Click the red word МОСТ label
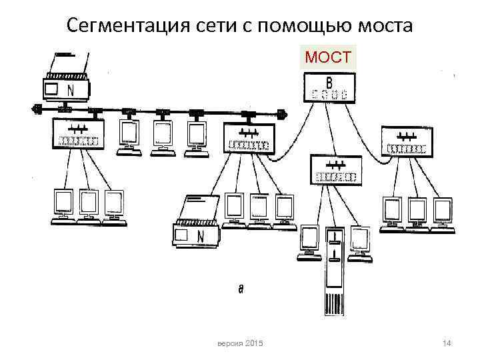(328, 58)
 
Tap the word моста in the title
(383, 26)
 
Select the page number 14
(447, 343)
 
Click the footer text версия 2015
(241, 343)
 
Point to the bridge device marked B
(329, 87)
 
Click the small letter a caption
(241, 289)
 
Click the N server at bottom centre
(197, 224)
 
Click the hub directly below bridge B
(335, 170)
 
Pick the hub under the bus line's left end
(78, 133)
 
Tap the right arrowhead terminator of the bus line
(283, 114)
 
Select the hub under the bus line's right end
(250, 139)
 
